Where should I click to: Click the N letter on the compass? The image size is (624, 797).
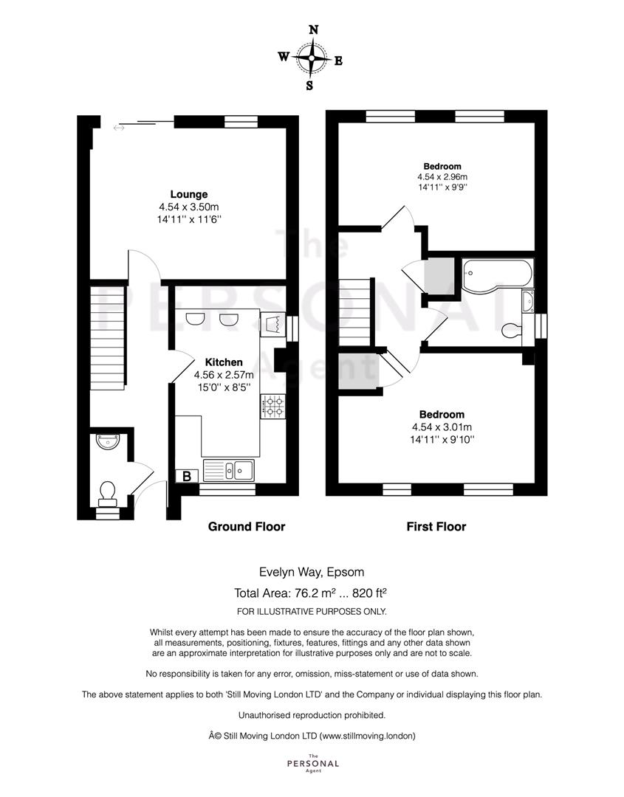(x=314, y=30)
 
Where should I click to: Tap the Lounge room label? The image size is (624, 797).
(x=188, y=194)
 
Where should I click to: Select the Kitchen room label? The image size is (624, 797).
(x=224, y=362)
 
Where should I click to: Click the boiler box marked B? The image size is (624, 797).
(x=187, y=476)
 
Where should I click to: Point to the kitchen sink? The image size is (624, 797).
(x=229, y=470)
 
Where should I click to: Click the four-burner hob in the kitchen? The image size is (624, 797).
(x=273, y=407)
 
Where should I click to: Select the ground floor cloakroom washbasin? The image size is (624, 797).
(x=107, y=441)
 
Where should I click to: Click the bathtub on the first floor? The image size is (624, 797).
(x=498, y=275)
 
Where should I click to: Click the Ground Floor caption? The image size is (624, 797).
(x=247, y=527)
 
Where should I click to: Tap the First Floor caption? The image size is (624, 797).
(x=436, y=527)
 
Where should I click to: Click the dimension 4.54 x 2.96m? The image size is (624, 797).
(x=442, y=177)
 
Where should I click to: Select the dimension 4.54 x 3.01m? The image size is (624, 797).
(x=442, y=427)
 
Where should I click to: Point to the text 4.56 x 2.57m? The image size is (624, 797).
(x=224, y=375)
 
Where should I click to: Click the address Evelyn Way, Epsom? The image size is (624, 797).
(x=312, y=573)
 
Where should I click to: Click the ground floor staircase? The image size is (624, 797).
(x=108, y=338)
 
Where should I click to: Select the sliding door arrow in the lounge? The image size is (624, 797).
(x=118, y=128)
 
